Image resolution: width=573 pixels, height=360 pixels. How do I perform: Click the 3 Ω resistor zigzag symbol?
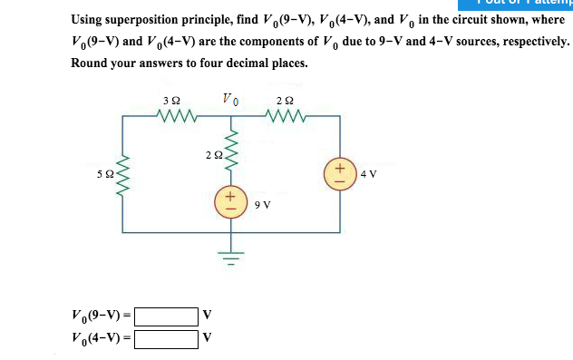coord(171,115)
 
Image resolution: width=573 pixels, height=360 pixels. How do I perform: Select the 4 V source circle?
coord(340,173)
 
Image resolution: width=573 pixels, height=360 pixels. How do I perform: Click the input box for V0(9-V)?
coord(166,316)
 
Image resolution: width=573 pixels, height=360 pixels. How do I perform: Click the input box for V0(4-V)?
coord(166,339)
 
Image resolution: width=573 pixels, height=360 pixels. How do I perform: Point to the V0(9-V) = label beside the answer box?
coord(102,316)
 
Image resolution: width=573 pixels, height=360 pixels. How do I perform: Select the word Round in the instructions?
coord(90,63)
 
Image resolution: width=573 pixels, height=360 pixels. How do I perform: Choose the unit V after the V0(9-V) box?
coord(207,316)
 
